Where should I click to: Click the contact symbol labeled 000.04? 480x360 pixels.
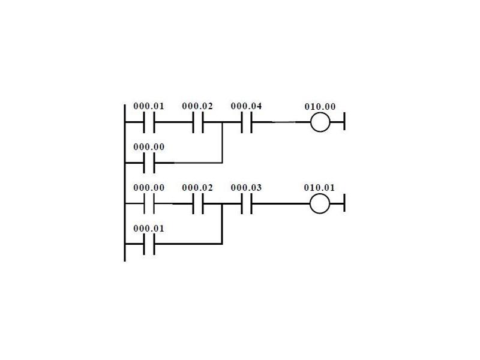pos(247,122)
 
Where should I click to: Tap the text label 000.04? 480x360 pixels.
pos(246,106)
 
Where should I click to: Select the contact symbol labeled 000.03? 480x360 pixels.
pos(247,203)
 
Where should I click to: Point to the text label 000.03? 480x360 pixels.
pos(246,188)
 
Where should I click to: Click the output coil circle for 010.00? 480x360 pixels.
pos(320,122)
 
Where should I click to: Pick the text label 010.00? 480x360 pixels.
pos(320,107)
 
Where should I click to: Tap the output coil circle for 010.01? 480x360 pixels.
pos(320,203)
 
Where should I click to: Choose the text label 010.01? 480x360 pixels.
pos(320,188)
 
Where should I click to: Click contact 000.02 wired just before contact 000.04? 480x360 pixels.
pos(198,122)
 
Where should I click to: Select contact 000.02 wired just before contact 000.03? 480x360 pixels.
pos(198,203)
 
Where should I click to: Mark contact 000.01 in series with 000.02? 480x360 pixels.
pos(149,122)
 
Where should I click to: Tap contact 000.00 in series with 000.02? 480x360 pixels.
pos(149,203)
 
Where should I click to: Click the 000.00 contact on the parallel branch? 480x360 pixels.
pos(149,163)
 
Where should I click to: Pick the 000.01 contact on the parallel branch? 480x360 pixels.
pos(149,244)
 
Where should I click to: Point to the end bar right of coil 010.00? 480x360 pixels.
pos(344,121)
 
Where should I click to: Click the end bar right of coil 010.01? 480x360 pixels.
pos(344,203)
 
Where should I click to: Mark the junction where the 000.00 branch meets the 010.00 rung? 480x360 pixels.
pos(222,122)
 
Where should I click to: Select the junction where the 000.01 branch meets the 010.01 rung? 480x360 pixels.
pos(222,203)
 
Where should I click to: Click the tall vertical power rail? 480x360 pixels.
pos(125,183)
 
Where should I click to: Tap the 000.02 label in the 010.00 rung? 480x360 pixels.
pos(197,106)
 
